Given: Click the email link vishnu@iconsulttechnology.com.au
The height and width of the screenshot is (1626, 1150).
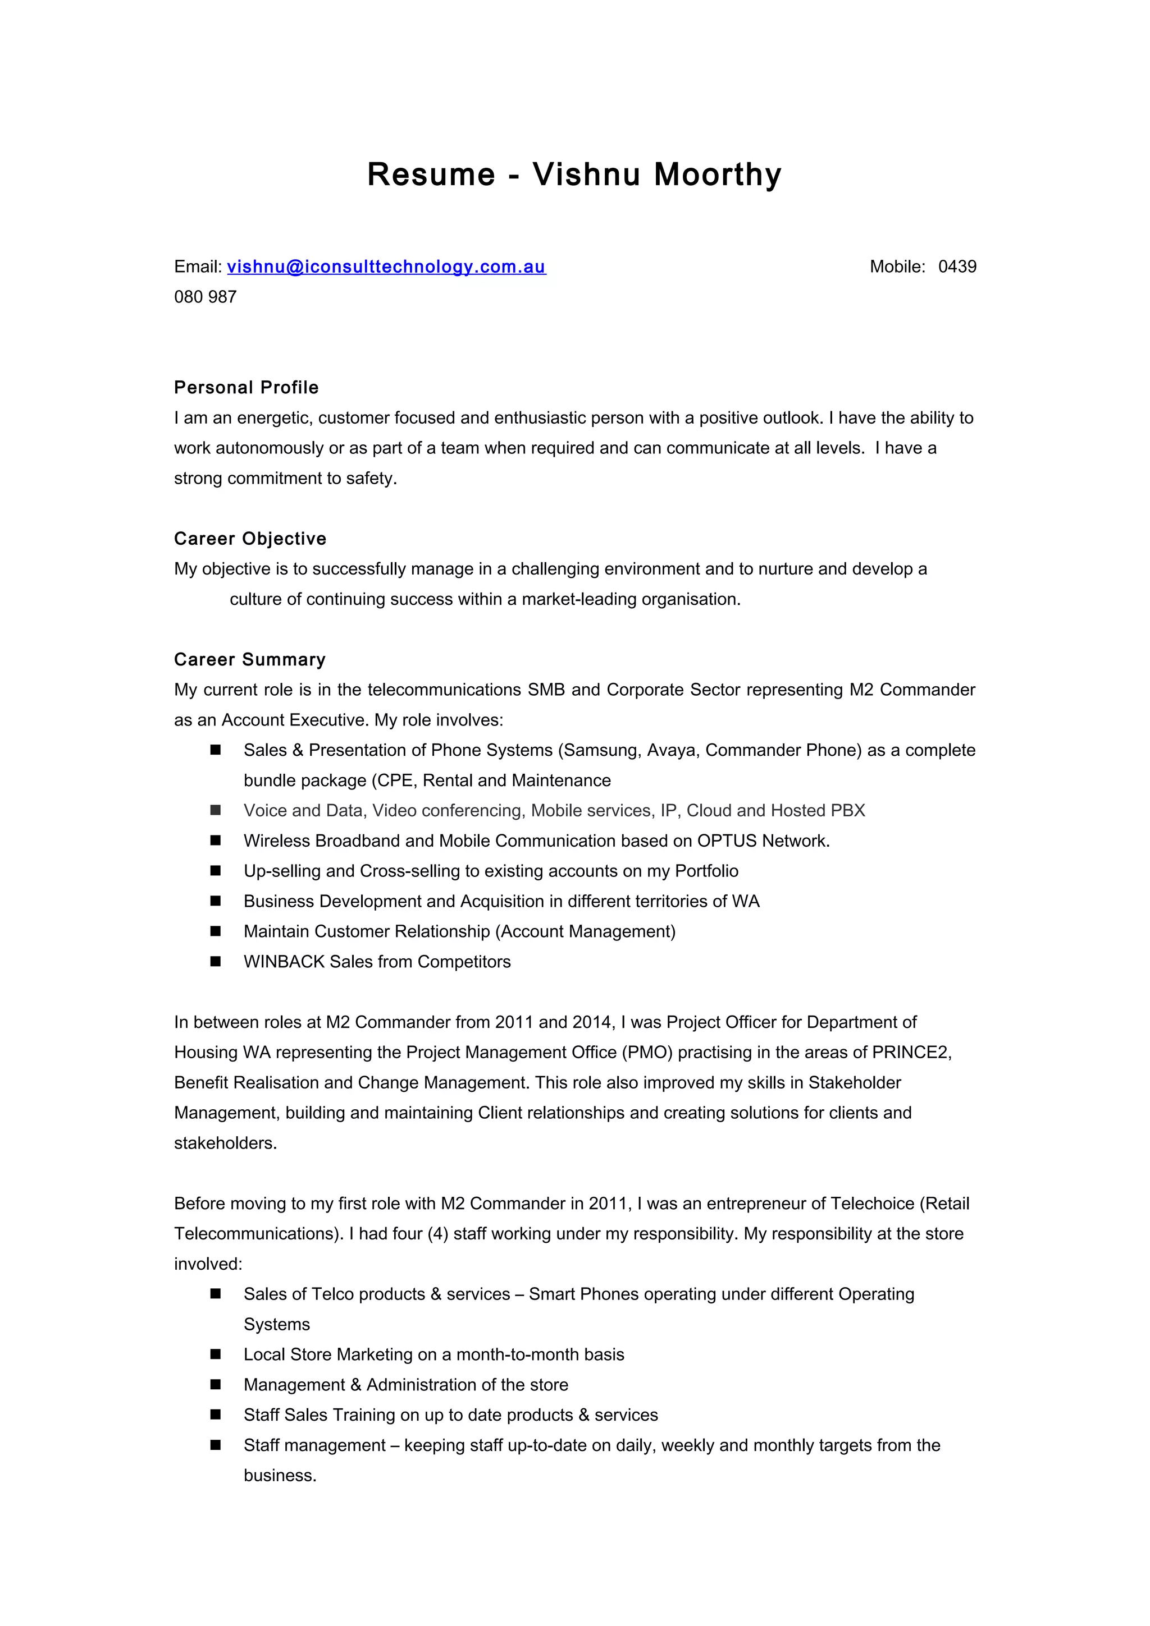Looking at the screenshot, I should click(x=386, y=267).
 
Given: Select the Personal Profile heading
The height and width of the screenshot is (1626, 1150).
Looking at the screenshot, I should click(x=246, y=387).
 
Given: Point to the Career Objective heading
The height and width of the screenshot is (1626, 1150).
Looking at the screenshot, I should click(x=250, y=539).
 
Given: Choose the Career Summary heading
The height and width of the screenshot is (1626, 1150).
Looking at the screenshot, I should click(x=249, y=659).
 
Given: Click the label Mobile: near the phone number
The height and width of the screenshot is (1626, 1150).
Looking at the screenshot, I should click(x=897, y=267).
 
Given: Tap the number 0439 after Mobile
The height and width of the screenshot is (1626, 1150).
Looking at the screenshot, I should click(x=957, y=267).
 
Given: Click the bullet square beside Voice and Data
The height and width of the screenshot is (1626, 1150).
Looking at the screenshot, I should click(x=216, y=810).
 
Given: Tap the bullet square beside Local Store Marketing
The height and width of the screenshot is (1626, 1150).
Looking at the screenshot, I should click(x=216, y=1354).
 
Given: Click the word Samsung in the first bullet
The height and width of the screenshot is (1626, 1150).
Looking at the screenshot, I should click(x=601, y=750).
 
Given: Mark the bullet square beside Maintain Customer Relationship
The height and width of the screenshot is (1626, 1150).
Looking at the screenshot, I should click(x=216, y=931).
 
